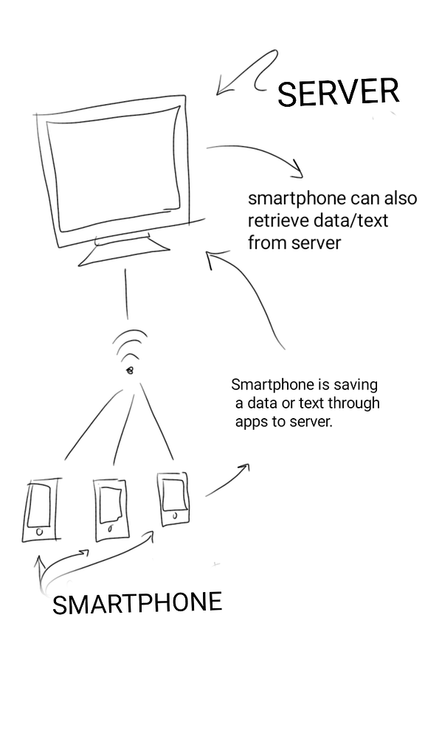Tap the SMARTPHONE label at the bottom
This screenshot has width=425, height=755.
pyautogui.click(x=137, y=603)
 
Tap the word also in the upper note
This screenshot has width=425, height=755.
pyautogui.click(x=401, y=198)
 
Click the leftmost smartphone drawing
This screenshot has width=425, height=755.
pyautogui.click(x=41, y=509)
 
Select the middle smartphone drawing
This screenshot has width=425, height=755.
pyautogui.click(x=112, y=510)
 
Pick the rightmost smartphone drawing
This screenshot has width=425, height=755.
pyautogui.click(x=173, y=499)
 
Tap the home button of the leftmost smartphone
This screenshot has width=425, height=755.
pyautogui.click(x=40, y=532)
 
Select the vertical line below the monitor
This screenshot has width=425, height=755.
pyautogui.click(x=126, y=293)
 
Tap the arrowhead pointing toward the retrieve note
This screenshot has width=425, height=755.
pyautogui.click(x=297, y=170)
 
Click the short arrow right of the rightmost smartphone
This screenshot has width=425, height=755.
pyautogui.click(x=227, y=480)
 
